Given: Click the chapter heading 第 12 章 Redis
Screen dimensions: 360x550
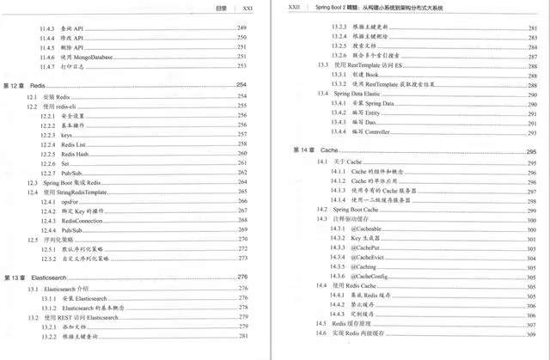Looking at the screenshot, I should pos(26,86).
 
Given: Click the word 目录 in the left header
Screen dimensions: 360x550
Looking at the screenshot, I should pos(221,6).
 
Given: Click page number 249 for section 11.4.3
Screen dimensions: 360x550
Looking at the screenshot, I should pos(241,28).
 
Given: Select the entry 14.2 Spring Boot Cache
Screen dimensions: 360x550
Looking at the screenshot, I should pos(348,210).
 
